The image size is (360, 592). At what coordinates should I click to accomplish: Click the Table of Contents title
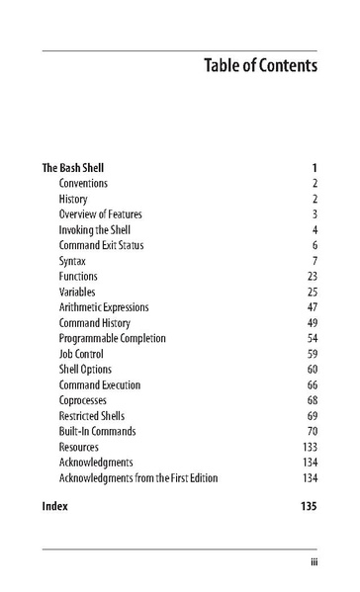pos(260,66)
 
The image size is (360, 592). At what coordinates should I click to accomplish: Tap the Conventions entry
pos(83,183)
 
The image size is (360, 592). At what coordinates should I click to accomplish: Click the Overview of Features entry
pos(100,214)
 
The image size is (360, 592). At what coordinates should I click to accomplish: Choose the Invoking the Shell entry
pos(96,230)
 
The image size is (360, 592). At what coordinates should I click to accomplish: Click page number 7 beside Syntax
pos(314,261)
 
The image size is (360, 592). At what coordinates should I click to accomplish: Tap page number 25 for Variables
pos(312,293)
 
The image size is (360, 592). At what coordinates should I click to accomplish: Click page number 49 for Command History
pos(312,323)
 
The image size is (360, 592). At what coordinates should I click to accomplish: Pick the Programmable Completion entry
pos(112,338)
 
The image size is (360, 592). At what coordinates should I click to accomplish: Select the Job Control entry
pos(84,354)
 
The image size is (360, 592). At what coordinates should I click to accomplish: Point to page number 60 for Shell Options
pos(312,370)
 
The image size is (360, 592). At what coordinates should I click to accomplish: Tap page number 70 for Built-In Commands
pos(312,432)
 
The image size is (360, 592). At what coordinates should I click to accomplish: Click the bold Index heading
pos(55,506)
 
